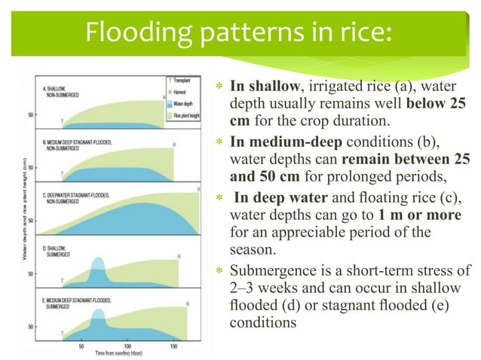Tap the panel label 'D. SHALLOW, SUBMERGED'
[54, 250]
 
